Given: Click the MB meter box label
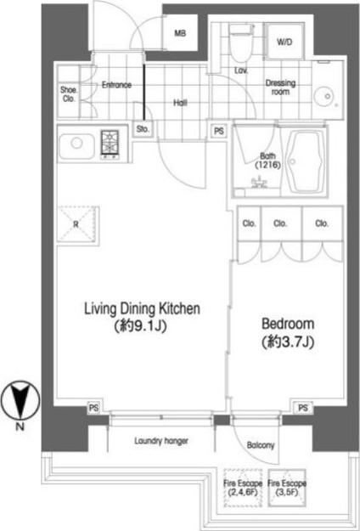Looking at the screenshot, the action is (180, 33).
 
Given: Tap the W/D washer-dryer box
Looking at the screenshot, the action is (284, 42).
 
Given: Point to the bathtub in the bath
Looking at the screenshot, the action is (304, 161).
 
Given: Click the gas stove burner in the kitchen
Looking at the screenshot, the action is (110, 145).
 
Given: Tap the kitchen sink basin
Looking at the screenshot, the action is (76, 146).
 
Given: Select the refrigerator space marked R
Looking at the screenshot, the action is (78, 223).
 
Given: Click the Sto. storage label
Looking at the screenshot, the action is (143, 129).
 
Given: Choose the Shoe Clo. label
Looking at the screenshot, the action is (68, 94).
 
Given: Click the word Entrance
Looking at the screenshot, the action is (116, 85).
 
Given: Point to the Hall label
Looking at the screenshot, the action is (180, 103).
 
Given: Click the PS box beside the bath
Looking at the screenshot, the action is (219, 130).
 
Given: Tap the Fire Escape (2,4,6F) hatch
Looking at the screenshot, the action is (242, 488).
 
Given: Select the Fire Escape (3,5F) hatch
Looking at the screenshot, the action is (287, 488).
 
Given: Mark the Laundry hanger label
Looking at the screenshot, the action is (161, 441).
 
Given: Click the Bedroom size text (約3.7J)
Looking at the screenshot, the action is (288, 342).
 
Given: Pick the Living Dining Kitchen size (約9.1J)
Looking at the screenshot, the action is (141, 327).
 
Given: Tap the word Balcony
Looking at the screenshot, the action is (260, 445).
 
